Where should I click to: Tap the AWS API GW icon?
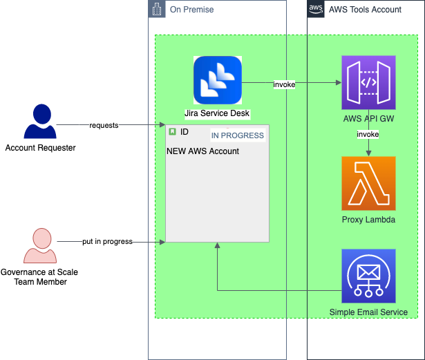point(368,82)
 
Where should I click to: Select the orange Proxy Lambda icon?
point(368,183)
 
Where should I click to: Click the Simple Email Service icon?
point(368,276)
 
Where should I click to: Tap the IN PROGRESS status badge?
point(237,135)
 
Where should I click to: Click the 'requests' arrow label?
point(104,125)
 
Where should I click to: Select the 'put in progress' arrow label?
point(108,242)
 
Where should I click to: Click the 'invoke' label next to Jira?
point(284,84)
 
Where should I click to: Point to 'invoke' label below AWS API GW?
point(368,133)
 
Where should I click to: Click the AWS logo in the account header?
point(317,9)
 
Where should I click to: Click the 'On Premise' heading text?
point(191,10)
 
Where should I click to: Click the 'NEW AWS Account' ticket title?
point(202,151)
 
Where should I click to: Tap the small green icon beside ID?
point(172,131)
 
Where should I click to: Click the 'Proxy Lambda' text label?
point(368,220)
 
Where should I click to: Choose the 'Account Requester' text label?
point(40,148)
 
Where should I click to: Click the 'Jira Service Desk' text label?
point(217,113)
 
